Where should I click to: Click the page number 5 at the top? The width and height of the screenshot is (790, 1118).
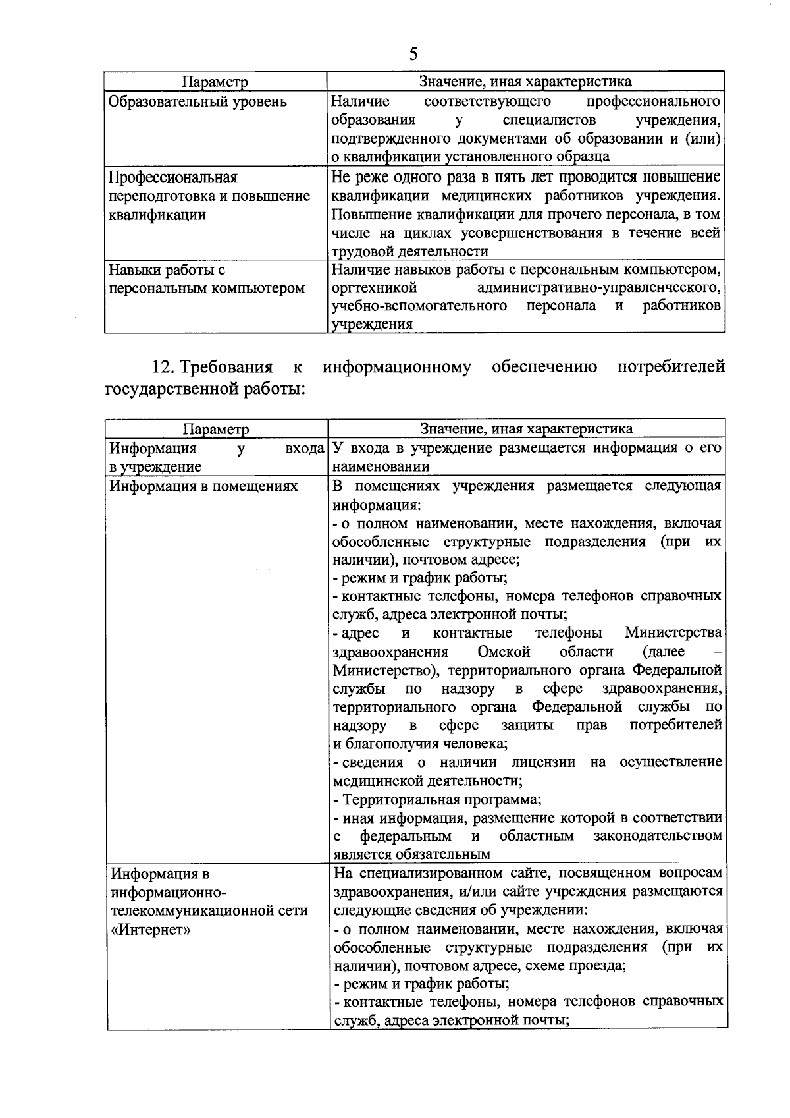click(413, 53)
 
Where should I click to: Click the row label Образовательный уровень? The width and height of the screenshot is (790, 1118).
click(197, 102)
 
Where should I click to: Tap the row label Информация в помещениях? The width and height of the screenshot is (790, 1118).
click(203, 486)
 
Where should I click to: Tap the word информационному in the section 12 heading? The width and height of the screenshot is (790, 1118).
click(397, 366)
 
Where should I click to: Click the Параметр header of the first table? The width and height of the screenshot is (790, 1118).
click(215, 82)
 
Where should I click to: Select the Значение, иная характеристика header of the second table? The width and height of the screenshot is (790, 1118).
click(527, 429)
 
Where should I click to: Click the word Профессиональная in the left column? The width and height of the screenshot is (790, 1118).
click(173, 178)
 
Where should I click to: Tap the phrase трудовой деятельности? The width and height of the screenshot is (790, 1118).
click(410, 252)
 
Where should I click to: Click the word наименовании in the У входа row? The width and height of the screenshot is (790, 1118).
click(381, 466)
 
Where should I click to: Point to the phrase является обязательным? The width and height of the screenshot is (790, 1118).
click(412, 854)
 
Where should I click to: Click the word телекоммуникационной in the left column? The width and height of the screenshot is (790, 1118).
click(209, 911)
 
